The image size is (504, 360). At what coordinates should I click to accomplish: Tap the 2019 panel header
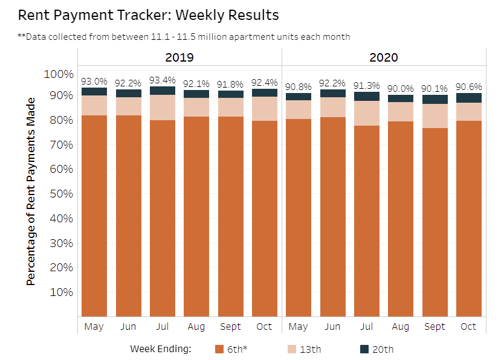[179, 57]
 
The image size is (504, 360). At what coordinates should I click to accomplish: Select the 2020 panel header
[384, 57]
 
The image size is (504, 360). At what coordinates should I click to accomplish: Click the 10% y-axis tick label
[60, 292]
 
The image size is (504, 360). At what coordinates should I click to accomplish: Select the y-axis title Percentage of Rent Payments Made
[31, 189]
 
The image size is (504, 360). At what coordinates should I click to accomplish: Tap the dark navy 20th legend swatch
[364, 349]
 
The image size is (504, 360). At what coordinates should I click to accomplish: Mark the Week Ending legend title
[160, 349]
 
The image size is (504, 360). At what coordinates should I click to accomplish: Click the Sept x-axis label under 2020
[435, 326]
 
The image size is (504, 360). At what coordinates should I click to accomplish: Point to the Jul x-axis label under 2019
[162, 326]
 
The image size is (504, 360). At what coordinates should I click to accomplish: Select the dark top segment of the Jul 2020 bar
[367, 96]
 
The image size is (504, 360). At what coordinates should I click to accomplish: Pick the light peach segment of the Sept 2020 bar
[435, 116]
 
